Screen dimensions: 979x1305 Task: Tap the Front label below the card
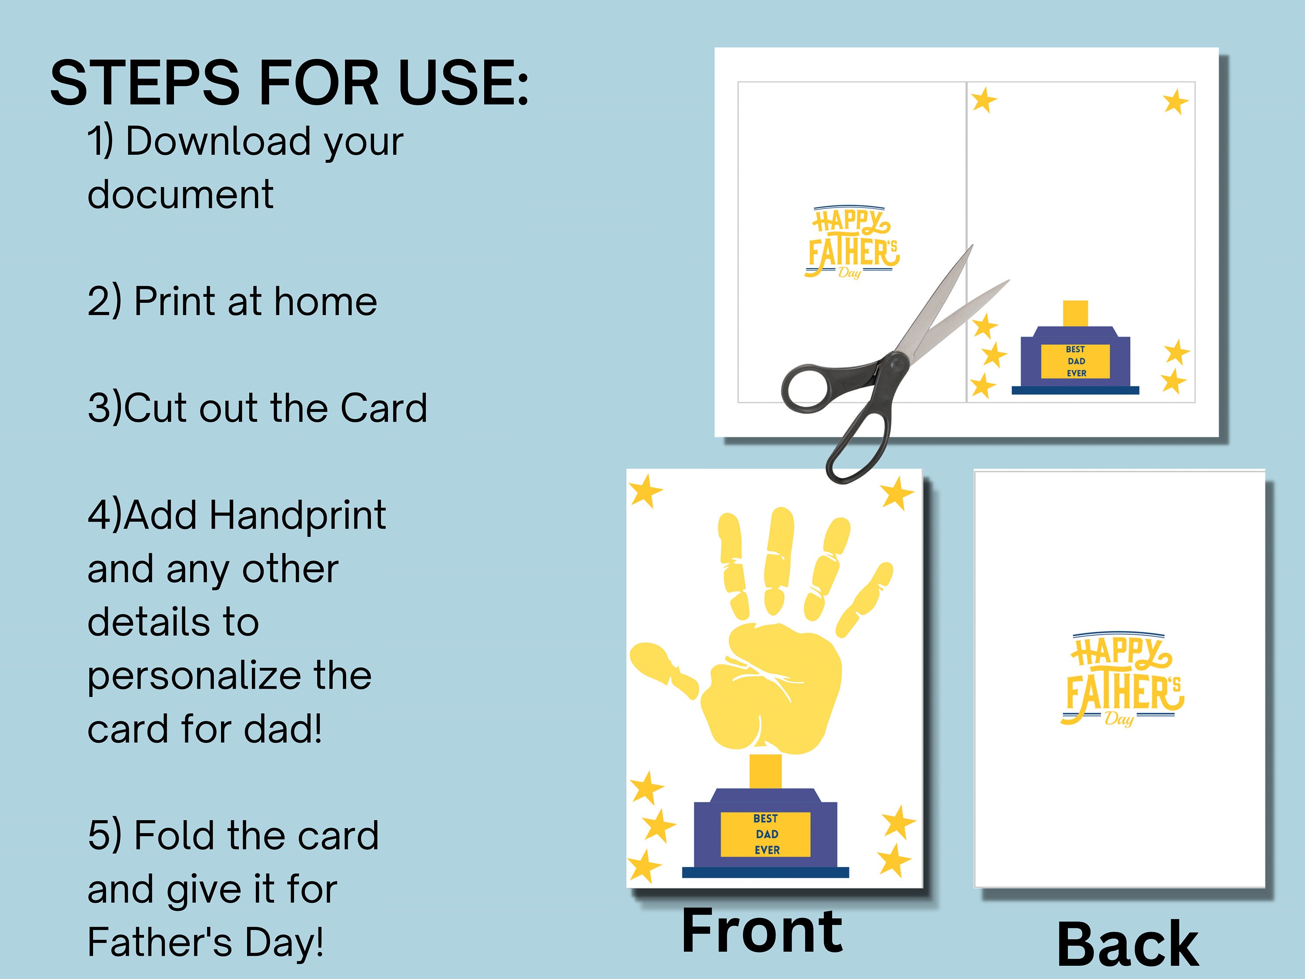tap(762, 931)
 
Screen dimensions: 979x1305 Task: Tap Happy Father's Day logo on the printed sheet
tap(851, 242)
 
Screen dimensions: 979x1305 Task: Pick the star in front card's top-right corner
tap(897, 493)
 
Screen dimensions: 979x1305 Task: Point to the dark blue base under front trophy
tap(765, 872)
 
